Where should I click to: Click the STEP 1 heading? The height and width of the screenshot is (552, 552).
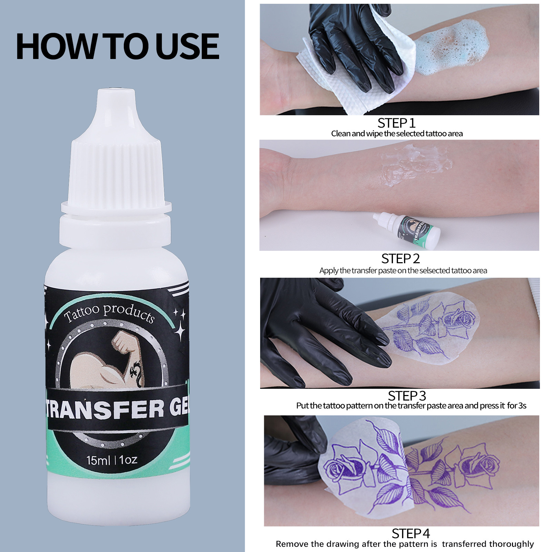(x=396, y=123)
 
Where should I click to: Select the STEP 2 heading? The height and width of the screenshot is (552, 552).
(x=400, y=259)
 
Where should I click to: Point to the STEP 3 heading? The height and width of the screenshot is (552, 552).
(x=407, y=396)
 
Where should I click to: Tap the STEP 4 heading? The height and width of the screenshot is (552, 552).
(x=411, y=533)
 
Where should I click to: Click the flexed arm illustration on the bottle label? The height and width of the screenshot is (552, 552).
(x=114, y=362)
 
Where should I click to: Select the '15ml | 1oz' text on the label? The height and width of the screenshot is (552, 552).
(x=112, y=460)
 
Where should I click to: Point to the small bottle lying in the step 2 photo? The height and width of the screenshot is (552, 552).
(x=407, y=228)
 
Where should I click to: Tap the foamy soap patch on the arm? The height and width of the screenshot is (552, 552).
(x=452, y=45)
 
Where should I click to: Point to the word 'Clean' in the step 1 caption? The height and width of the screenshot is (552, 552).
(x=341, y=134)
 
